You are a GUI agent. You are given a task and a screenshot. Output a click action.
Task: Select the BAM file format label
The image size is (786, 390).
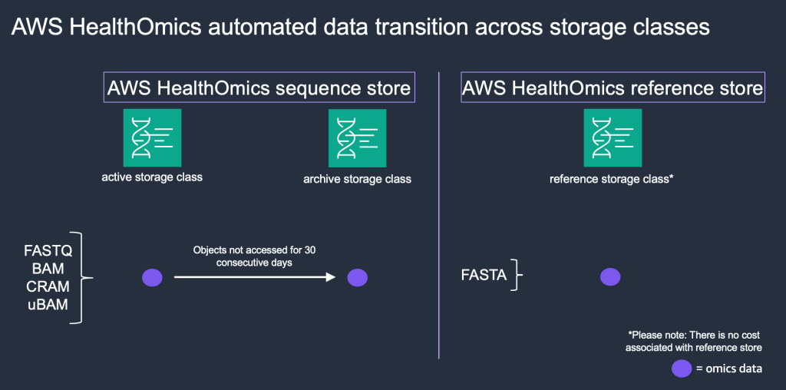[48, 269]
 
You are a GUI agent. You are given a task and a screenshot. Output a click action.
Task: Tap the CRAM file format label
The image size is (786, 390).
[48, 286]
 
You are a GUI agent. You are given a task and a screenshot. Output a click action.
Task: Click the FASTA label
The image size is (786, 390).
[484, 275]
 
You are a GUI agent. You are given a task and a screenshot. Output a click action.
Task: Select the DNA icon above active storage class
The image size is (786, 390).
[152, 137]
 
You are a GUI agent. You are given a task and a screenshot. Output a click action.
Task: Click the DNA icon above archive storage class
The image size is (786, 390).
[357, 138]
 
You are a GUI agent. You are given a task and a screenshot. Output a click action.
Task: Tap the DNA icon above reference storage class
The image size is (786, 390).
[613, 137]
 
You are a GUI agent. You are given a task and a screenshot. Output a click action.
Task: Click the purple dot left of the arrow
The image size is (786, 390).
[152, 278]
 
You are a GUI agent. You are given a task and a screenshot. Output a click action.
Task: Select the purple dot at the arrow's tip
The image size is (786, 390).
[358, 278]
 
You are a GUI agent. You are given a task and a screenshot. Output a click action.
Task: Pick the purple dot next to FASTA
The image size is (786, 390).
[609, 277]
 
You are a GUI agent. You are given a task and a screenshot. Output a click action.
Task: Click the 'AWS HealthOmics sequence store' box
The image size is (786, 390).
[259, 88]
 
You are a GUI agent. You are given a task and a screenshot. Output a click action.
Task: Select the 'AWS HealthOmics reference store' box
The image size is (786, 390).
[613, 88]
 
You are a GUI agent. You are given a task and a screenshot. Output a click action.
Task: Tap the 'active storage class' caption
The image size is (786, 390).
[152, 177]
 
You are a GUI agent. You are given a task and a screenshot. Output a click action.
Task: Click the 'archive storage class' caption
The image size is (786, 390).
[357, 180]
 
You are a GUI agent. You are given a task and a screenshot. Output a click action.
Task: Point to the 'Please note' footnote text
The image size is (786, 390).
[695, 342]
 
